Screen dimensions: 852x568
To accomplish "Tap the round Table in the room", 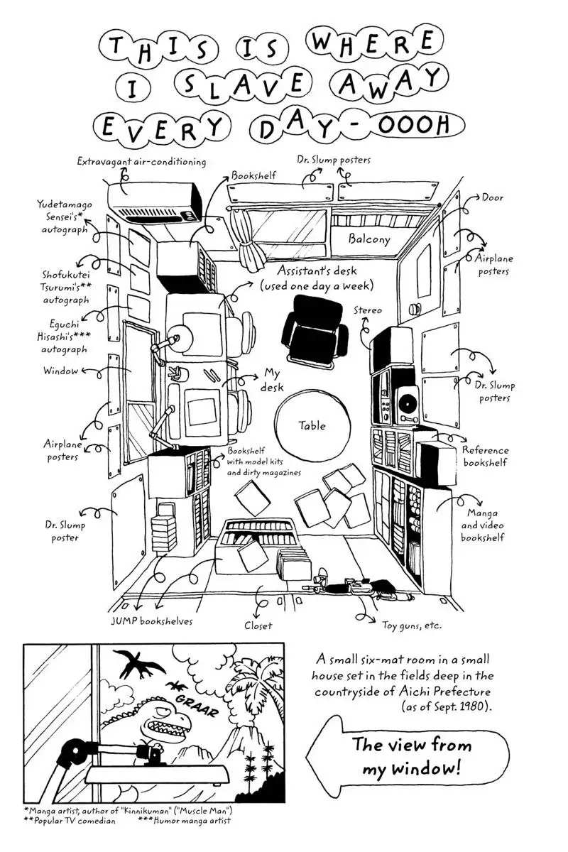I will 312,425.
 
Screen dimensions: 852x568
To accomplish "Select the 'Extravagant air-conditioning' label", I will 141,162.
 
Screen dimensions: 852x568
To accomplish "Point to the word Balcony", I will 368,239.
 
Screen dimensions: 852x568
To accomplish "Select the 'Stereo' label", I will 368,310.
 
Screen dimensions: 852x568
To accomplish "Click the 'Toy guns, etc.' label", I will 412,626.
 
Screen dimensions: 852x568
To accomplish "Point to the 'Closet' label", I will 258,626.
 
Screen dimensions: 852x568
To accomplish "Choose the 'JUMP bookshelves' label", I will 151,621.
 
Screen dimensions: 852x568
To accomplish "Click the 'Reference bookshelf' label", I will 486,457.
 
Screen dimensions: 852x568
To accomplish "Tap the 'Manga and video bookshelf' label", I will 483,525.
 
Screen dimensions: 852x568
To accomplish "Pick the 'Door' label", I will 492,197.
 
